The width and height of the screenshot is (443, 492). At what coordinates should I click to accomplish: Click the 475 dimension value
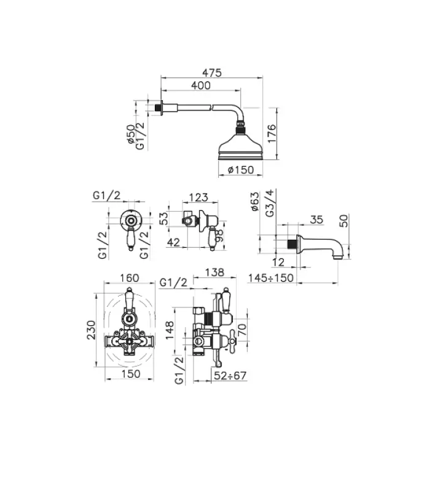213,71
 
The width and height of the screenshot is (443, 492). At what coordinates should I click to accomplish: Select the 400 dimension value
201,85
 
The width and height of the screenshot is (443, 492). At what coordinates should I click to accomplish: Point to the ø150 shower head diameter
241,170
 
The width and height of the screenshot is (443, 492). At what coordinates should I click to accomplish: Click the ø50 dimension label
130,134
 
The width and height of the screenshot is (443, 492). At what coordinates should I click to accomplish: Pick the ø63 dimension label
255,202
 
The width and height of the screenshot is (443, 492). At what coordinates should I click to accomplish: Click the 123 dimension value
197,198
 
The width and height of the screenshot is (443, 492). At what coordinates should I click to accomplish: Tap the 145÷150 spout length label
271,278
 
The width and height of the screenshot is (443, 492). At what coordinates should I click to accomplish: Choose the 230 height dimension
90,328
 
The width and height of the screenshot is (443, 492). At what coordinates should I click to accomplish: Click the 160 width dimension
130,278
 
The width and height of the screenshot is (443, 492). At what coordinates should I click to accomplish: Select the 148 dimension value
170,327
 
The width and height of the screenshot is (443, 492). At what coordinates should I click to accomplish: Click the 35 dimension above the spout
317,219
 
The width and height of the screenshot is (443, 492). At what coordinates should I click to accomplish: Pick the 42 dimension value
173,243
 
